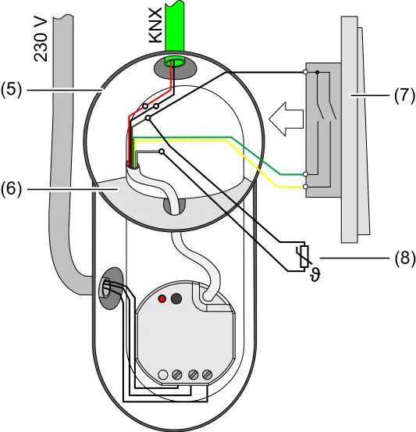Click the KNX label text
(x=155, y=25)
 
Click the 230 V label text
(x=41, y=40)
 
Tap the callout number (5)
(x=11, y=90)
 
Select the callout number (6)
(x=11, y=189)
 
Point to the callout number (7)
(x=404, y=95)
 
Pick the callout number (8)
(x=405, y=259)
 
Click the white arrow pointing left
(x=286, y=119)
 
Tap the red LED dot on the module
(x=162, y=298)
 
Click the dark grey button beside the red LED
(x=176, y=298)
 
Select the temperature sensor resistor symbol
(x=304, y=257)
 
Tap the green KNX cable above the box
(x=175, y=27)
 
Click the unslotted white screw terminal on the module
(x=163, y=375)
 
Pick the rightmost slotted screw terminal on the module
(x=207, y=375)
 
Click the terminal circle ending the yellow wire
(x=305, y=187)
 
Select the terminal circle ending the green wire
(x=305, y=174)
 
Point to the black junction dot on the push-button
(x=317, y=72)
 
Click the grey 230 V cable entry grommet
(x=110, y=288)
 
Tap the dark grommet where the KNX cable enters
(x=172, y=68)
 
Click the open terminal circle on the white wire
(x=162, y=152)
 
